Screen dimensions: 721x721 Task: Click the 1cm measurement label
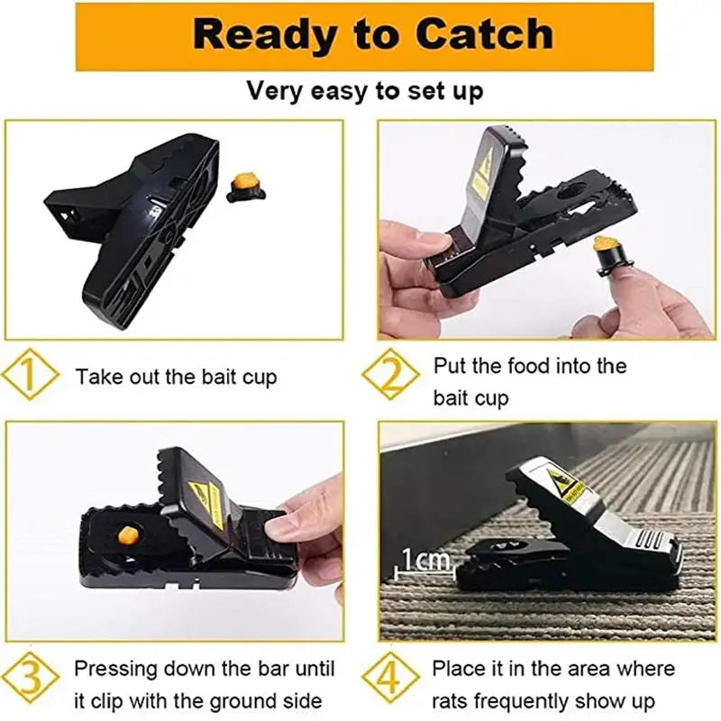click(x=424, y=560)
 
